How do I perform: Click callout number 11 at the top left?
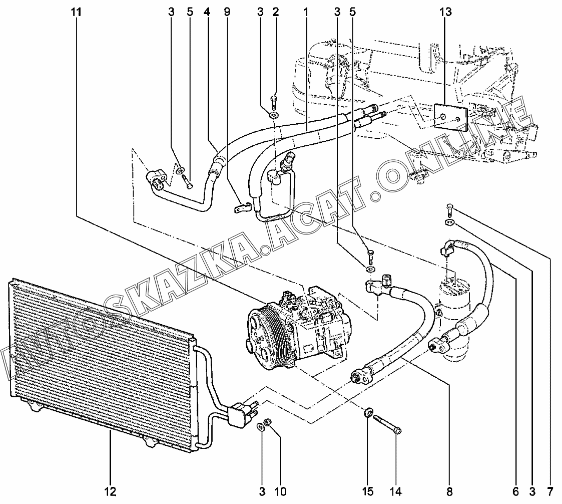[76, 12]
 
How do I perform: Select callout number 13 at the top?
[445, 12]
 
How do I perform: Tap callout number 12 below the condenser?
[111, 491]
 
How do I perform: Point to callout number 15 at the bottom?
[368, 491]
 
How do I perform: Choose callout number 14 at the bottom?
[396, 491]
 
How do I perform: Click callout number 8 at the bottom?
[449, 491]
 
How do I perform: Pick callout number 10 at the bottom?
[280, 491]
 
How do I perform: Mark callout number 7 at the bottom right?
[550, 491]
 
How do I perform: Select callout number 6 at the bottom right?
[515, 491]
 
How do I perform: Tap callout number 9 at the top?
[227, 12]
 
